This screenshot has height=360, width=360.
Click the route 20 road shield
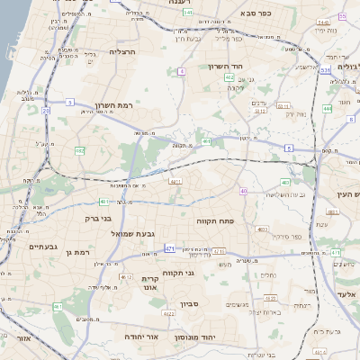(45, 111)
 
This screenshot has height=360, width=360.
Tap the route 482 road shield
(79, 151)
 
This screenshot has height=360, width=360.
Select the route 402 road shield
(230, 78)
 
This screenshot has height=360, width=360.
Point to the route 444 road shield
(327, 108)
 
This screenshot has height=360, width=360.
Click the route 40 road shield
(243, 192)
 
